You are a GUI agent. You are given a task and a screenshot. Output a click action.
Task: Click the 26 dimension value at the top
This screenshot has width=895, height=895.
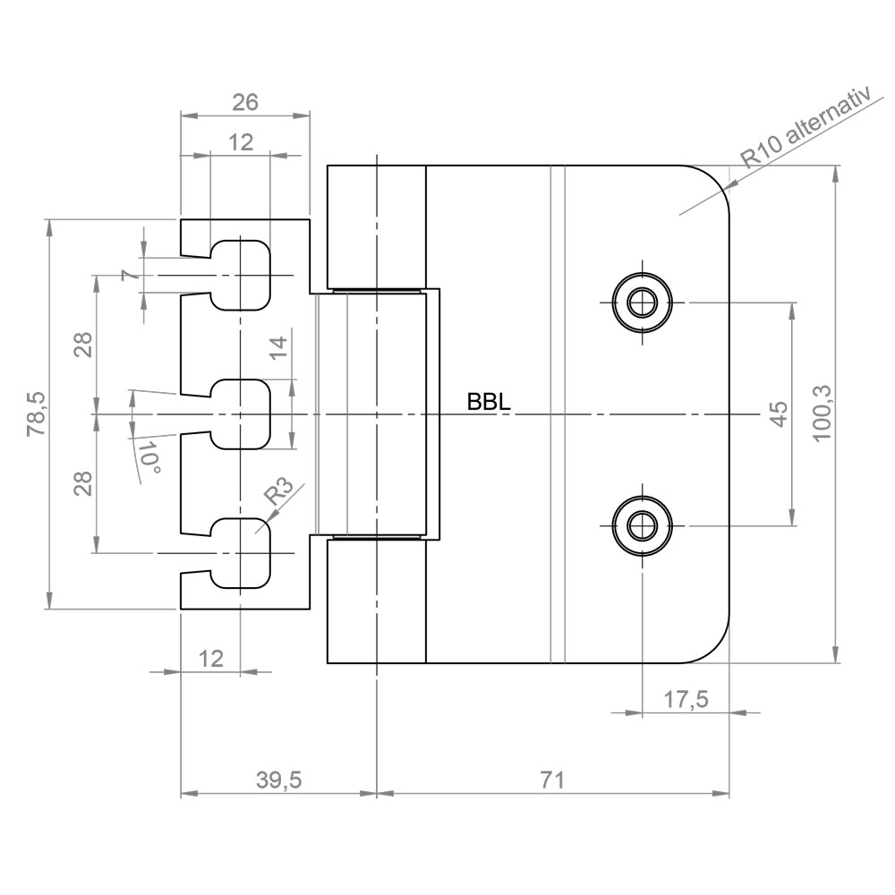[245, 102]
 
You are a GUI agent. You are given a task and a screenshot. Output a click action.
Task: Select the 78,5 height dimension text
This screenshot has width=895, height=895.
[38, 413]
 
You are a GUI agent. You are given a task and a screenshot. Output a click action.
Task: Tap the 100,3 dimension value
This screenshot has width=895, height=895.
[823, 413]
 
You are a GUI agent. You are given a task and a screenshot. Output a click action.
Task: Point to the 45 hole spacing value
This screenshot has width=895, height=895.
[780, 413]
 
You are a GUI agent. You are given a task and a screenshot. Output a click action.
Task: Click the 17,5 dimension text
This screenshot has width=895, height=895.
[686, 699]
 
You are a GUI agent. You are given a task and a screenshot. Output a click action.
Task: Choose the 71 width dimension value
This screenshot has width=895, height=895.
[552, 780]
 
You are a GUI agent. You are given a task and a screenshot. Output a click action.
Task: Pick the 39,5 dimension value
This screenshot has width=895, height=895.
[278, 780]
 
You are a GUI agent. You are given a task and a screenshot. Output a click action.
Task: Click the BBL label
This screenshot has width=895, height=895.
[489, 402]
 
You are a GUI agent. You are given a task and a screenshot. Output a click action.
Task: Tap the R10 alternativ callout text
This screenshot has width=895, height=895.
[807, 128]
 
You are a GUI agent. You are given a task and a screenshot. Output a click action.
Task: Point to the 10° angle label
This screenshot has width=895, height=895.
[149, 457]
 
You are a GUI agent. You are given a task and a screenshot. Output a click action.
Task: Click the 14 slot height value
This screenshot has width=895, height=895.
[278, 347]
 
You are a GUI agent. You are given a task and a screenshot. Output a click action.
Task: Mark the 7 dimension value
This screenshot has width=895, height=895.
[131, 275]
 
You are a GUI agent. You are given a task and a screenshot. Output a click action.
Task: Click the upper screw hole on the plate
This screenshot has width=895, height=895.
[642, 302]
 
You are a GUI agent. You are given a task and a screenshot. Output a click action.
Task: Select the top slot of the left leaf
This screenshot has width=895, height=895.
[240, 275]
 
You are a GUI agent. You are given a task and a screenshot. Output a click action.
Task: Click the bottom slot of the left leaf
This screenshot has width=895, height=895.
[240, 553]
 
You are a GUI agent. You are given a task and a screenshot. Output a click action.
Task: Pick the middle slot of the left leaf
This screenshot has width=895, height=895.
[240, 413]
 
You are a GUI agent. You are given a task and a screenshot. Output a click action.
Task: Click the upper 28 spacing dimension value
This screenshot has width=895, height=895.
[84, 345]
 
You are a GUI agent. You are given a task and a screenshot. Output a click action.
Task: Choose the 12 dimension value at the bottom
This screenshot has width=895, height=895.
[210, 659]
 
